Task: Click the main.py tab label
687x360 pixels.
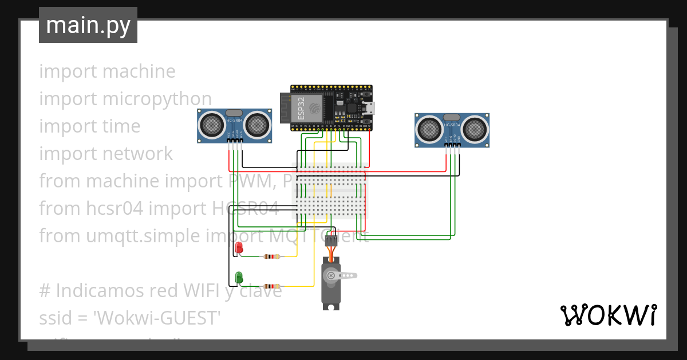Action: [x=88, y=25]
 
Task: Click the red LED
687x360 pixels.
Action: [x=239, y=247]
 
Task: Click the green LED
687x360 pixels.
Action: [x=239, y=277]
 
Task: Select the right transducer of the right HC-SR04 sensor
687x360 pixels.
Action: [x=475, y=130]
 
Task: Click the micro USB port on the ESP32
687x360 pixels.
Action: [x=370, y=108]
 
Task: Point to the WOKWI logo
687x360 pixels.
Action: [x=608, y=315]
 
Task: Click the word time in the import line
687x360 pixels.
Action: [x=120, y=126]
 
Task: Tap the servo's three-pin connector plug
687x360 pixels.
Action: [x=331, y=241]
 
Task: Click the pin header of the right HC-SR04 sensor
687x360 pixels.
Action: [x=452, y=146]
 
